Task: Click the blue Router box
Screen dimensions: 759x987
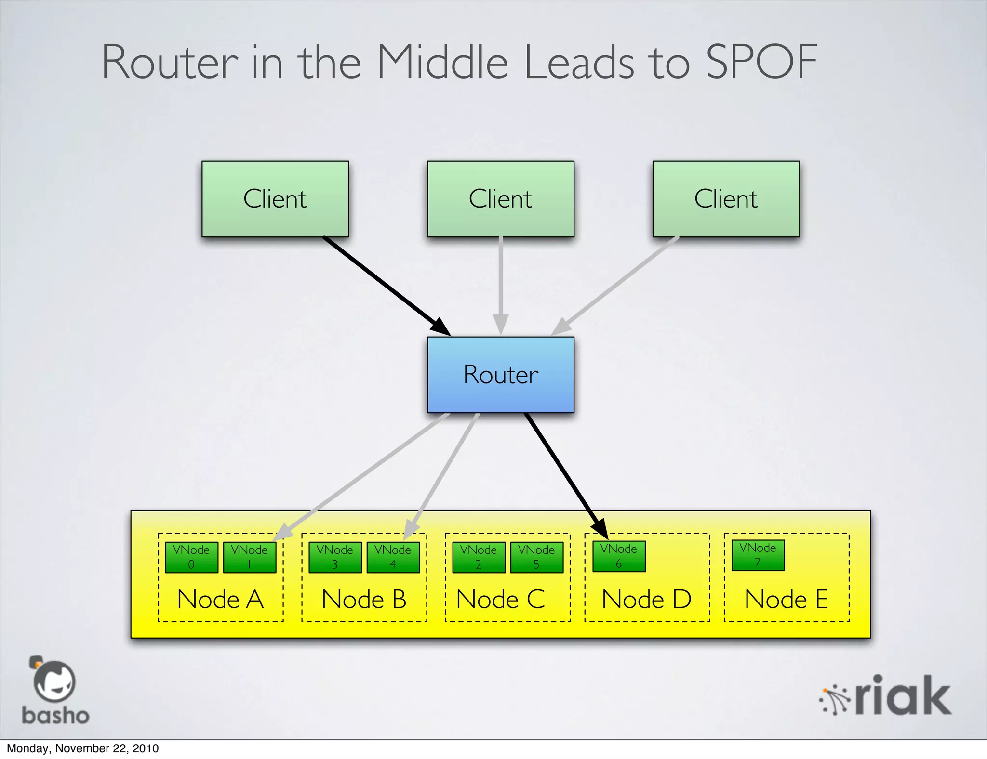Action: point(500,375)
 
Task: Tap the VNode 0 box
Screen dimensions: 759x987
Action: point(191,557)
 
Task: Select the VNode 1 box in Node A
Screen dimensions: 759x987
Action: point(249,557)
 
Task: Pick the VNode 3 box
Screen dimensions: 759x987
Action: point(335,557)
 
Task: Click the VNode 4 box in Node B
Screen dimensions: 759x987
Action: point(393,557)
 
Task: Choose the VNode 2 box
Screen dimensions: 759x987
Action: point(479,557)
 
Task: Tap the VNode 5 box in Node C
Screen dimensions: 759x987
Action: point(536,557)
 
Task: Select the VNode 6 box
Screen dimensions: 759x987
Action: point(619,556)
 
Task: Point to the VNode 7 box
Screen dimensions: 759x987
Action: point(758,555)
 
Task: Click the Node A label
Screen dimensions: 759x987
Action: point(220,600)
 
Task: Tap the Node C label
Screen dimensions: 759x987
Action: point(500,600)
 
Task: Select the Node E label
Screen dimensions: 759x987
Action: point(786,600)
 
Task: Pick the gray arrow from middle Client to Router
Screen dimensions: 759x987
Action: point(501,284)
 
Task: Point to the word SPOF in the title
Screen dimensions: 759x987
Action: point(761,62)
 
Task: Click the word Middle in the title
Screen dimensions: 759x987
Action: point(442,62)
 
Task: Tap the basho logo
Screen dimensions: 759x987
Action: point(55,691)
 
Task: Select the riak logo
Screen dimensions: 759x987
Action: point(886,696)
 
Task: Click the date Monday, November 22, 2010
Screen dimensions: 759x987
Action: point(82,748)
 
